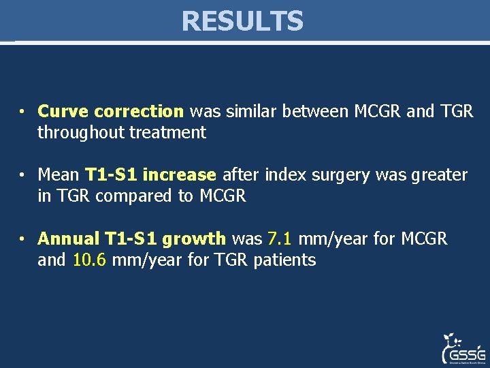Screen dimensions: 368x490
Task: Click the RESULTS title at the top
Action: point(242,21)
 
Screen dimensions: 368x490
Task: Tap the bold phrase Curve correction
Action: point(110,111)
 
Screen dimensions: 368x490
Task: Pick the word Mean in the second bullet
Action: point(59,175)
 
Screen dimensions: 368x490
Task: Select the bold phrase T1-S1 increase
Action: point(150,175)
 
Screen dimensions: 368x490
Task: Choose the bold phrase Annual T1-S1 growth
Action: point(131,239)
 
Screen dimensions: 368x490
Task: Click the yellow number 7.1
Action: point(280,239)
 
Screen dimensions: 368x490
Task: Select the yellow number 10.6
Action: point(89,260)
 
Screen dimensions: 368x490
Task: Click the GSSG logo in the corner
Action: point(463,349)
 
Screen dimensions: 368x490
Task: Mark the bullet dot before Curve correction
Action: point(22,112)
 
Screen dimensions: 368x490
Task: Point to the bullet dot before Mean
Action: point(22,176)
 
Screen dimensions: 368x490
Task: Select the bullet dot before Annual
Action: point(22,239)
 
